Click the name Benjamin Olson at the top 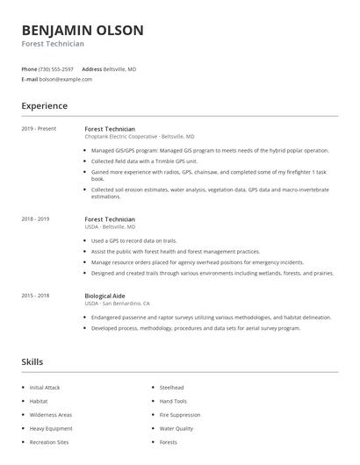click(83, 30)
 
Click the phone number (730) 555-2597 click(57, 68)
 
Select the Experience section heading click(44, 106)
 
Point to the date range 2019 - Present click(39, 129)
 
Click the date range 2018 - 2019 click(35, 218)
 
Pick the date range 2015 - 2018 click(35, 296)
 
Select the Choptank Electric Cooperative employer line click(140, 137)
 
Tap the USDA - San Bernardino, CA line click(117, 304)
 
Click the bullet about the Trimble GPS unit click(145, 161)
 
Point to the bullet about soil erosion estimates click(210, 190)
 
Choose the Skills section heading click(32, 361)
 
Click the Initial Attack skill click(44, 387)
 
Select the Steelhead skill click(172, 387)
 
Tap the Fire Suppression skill click(180, 415)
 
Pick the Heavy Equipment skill click(50, 429)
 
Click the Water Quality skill click(176, 429)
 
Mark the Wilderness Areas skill click(51, 415)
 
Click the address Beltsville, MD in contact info click(120, 68)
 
